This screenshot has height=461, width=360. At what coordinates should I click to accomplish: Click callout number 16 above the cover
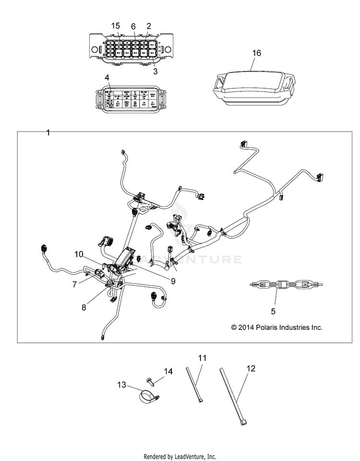[257, 53]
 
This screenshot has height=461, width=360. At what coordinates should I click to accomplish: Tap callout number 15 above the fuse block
[115, 25]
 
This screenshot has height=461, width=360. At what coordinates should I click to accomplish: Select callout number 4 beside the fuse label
[107, 77]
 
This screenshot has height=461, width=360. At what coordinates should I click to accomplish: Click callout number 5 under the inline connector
[273, 311]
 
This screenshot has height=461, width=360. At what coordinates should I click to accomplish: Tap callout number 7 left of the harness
[74, 284]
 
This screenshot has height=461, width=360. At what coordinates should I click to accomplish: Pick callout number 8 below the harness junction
[84, 307]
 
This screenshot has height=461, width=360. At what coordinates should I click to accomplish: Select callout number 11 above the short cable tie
[202, 358]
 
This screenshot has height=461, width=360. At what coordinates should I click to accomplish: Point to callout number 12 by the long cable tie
[251, 369]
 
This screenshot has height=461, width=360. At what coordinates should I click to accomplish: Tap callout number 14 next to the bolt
[154, 371]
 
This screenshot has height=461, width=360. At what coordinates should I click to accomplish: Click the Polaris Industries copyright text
[276, 328]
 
